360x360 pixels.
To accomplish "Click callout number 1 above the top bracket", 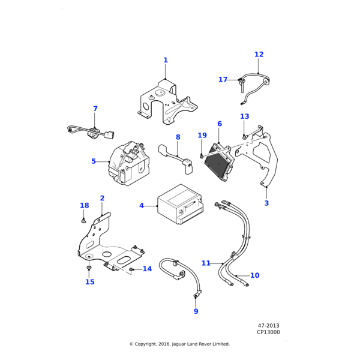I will click(166, 60).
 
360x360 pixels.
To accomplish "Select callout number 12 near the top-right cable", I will click(259, 55).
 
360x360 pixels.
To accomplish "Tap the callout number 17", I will click(223, 80).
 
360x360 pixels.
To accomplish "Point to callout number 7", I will click(95, 109).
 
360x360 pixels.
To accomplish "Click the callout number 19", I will click(202, 136).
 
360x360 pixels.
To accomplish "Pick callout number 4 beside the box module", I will click(142, 206).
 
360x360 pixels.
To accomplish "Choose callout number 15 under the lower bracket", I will click(90, 282).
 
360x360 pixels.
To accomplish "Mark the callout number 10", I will click(255, 275).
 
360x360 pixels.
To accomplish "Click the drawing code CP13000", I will click(268, 332).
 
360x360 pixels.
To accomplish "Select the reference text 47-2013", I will click(268, 325).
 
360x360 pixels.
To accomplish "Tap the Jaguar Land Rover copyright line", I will click(179, 344).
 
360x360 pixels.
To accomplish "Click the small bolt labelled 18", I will click(83, 220).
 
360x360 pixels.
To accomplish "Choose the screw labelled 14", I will click(131, 269).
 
